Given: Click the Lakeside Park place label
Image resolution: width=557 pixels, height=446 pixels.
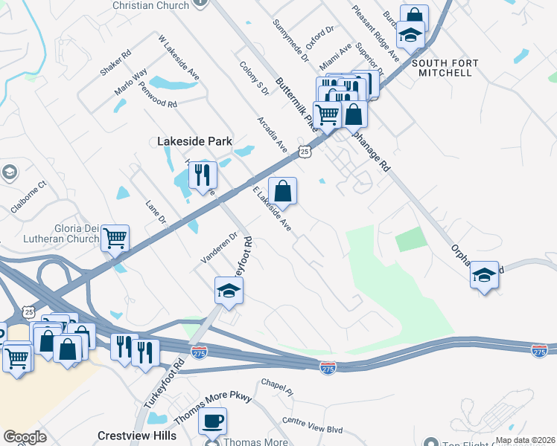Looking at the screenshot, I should [x=194, y=141].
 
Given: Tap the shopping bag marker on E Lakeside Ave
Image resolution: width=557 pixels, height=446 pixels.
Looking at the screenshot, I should [x=283, y=192].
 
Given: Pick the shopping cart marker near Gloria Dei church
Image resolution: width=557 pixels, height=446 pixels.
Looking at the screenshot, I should [x=115, y=239].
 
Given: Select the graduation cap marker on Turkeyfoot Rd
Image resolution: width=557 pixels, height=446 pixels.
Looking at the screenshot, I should [x=229, y=291].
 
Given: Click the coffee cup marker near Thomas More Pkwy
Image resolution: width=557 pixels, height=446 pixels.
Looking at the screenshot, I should [x=212, y=421].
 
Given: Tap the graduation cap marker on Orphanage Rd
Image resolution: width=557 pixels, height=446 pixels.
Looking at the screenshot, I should [x=485, y=276].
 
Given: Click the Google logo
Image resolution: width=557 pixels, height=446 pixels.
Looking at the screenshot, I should [x=25, y=437].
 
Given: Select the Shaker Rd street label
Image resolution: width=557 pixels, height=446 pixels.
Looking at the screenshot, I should [x=115, y=62].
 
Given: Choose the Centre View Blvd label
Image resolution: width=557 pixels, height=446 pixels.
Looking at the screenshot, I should [x=312, y=425].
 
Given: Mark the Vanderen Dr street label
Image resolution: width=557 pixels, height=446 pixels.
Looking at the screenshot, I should [x=218, y=248].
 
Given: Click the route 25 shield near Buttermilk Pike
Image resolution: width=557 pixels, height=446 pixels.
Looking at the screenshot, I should [x=305, y=152].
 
